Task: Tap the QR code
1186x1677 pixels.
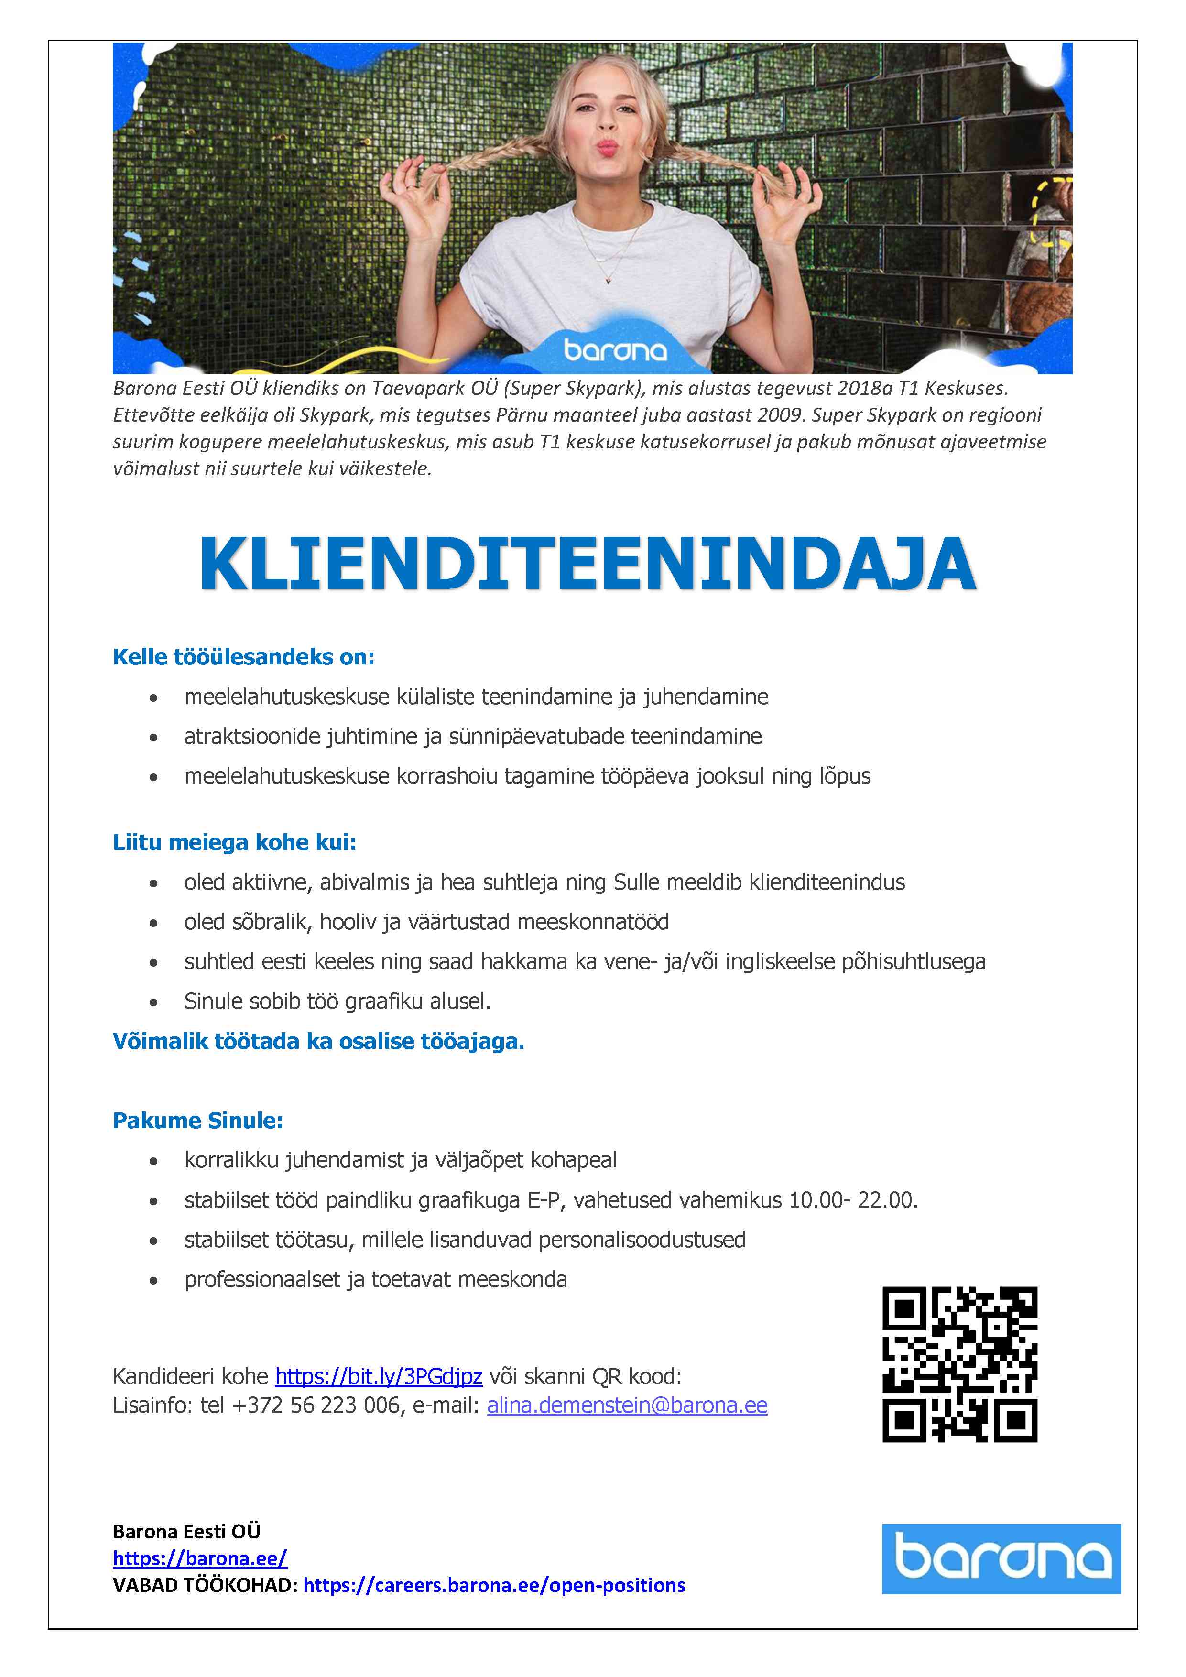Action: click(959, 1364)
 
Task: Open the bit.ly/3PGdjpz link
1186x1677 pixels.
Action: click(378, 1376)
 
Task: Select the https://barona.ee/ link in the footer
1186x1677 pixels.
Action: click(199, 1558)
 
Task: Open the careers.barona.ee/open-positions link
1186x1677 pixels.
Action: click(494, 1585)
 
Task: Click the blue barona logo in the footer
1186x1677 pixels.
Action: click(1001, 1558)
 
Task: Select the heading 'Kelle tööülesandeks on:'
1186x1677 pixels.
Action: click(243, 657)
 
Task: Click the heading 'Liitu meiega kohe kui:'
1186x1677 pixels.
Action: click(234, 842)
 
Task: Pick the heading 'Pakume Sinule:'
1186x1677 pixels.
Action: click(198, 1121)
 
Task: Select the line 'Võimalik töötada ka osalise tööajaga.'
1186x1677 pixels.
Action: click(318, 1041)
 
